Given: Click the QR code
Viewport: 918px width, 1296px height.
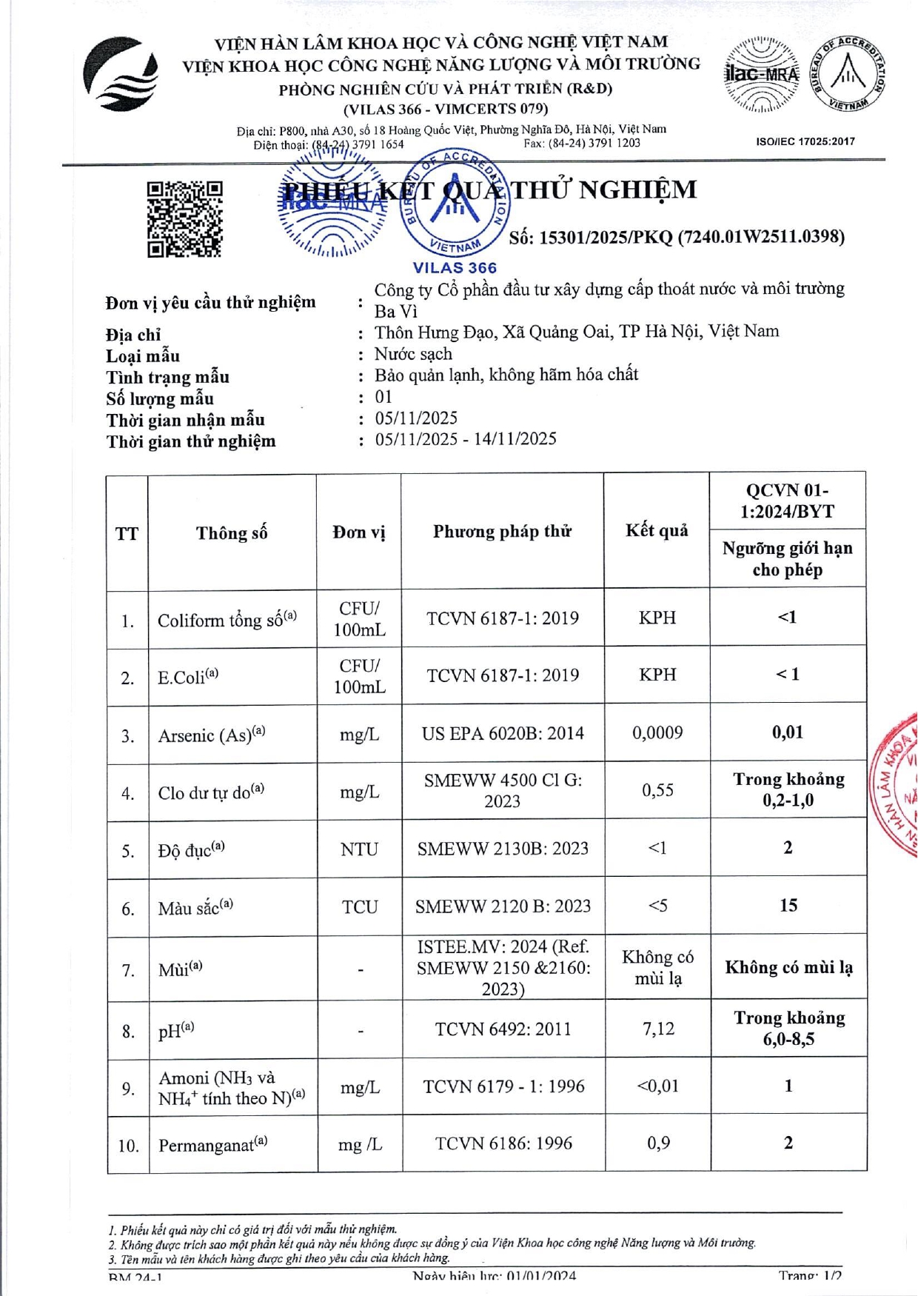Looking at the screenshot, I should click(x=184, y=219).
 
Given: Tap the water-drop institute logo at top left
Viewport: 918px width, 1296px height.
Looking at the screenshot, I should click(x=121, y=74).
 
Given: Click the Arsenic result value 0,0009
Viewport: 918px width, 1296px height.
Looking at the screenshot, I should click(x=657, y=732).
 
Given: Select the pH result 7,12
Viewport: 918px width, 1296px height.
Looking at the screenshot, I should click(x=657, y=1029).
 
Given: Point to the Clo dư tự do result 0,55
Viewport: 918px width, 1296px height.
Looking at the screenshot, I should click(x=657, y=790).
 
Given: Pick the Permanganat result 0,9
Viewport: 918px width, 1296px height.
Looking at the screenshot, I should click(x=658, y=1143).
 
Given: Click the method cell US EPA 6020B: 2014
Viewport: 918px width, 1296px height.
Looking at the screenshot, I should click(x=503, y=733).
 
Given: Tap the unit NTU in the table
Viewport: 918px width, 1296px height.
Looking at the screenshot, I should click(x=359, y=849).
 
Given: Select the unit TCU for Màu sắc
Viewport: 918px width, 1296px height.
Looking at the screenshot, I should click(x=360, y=906).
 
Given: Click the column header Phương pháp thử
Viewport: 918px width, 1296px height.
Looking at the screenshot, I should click(x=502, y=531).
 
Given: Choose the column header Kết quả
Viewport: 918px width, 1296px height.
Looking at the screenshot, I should click(x=657, y=530).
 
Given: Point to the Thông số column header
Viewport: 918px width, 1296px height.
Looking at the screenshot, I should click(x=232, y=532).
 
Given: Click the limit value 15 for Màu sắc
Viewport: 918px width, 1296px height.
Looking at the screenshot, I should click(x=788, y=905).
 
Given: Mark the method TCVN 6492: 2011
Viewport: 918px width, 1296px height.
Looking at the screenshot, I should click(x=503, y=1029).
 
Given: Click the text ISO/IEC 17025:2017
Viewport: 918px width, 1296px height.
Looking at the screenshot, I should click(x=805, y=141).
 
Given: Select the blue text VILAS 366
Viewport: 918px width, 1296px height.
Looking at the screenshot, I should click(x=455, y=268).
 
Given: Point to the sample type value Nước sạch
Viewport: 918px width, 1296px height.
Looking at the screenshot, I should click(x=413, y=354).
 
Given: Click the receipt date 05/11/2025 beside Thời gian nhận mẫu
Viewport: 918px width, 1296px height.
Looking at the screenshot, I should click(x=416, y=418).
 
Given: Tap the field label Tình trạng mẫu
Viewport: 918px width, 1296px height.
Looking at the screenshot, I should click(x=167, y=378).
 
